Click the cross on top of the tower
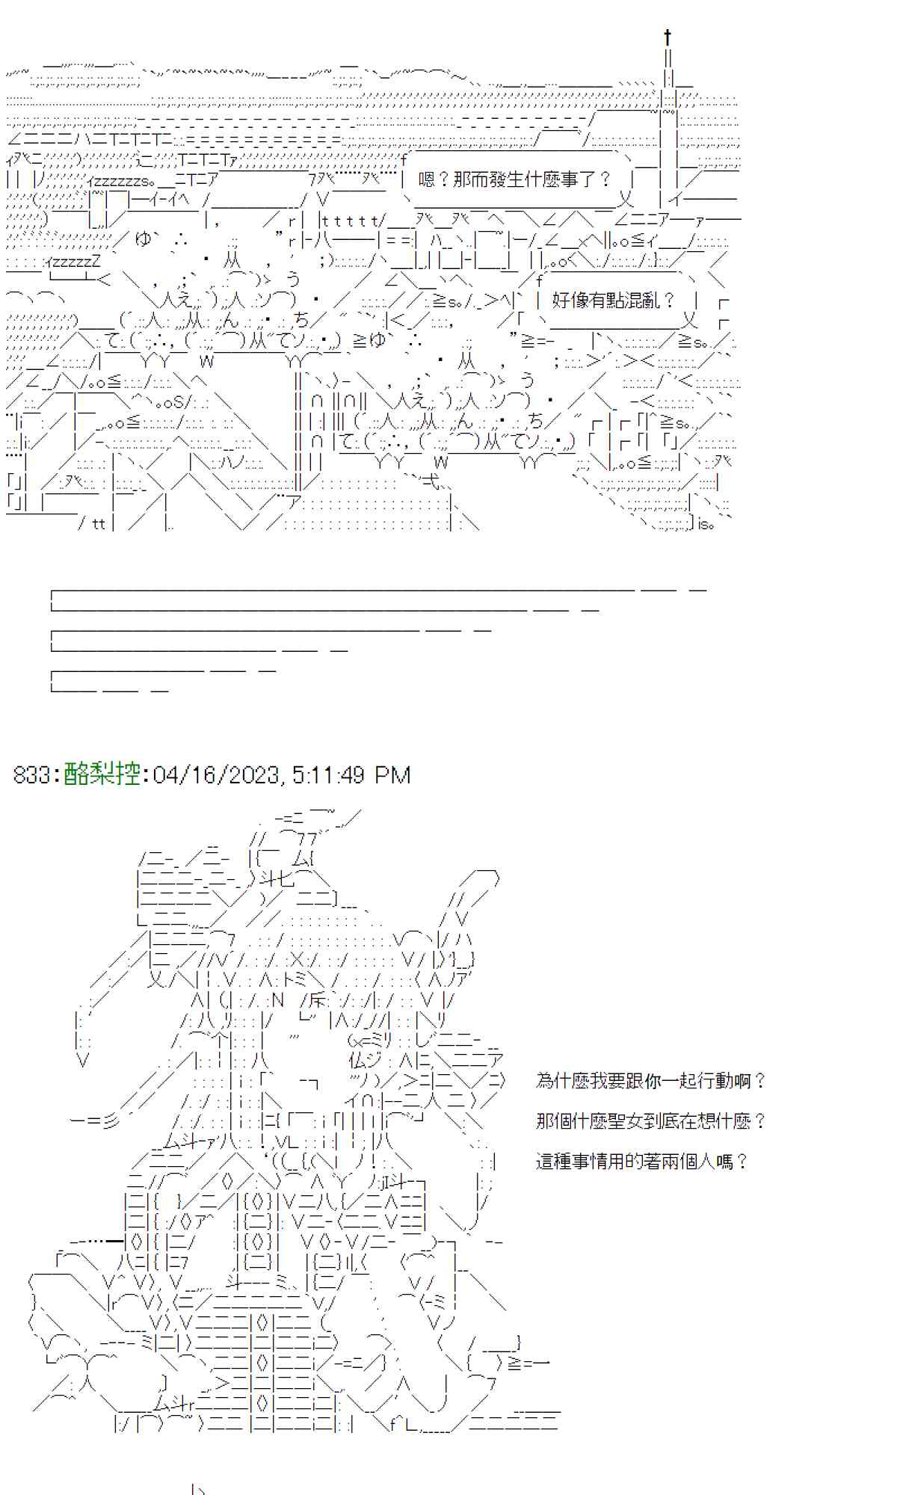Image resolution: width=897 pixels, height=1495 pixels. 667,37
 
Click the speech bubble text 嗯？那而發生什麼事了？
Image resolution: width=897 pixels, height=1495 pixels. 515,179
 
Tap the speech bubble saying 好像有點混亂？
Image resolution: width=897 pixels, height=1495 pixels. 613,300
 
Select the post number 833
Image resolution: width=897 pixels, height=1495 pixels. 31,775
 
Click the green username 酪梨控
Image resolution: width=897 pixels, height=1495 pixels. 102,774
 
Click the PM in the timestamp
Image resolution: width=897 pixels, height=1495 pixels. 393,775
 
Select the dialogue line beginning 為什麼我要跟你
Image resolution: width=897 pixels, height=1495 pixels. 651,1081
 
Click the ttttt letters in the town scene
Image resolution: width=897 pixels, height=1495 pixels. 352,221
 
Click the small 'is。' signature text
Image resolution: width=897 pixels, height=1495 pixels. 706,524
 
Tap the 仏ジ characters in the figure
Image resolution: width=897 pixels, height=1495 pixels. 366,1060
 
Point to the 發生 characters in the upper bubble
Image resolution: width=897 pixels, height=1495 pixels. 505,179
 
